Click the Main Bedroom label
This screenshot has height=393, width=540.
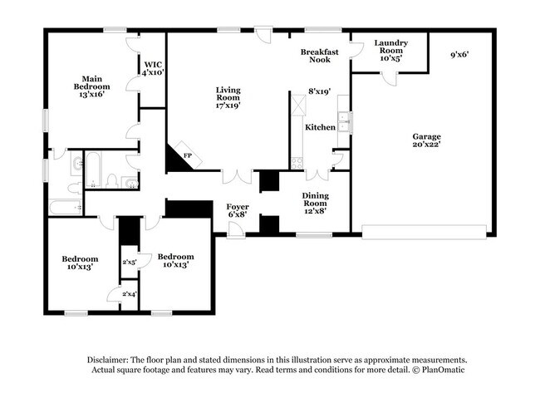point(91,86)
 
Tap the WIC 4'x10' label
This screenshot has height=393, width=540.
point(152,68)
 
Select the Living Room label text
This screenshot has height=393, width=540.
point(228,98)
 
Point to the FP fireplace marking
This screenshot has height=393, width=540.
point(188,155)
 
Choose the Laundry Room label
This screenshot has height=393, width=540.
point(389,52)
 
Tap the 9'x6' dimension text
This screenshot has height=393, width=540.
point(460,54)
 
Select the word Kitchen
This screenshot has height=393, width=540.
point(320,127)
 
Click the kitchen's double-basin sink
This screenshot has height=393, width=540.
point(345,123)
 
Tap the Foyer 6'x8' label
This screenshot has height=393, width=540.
point(238,211)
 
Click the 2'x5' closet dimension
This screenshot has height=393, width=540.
point(129,262)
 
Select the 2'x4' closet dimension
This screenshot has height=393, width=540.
point(129,294)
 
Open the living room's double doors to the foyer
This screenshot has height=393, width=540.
point(237,176)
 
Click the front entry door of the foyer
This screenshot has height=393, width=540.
point(236,231)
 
